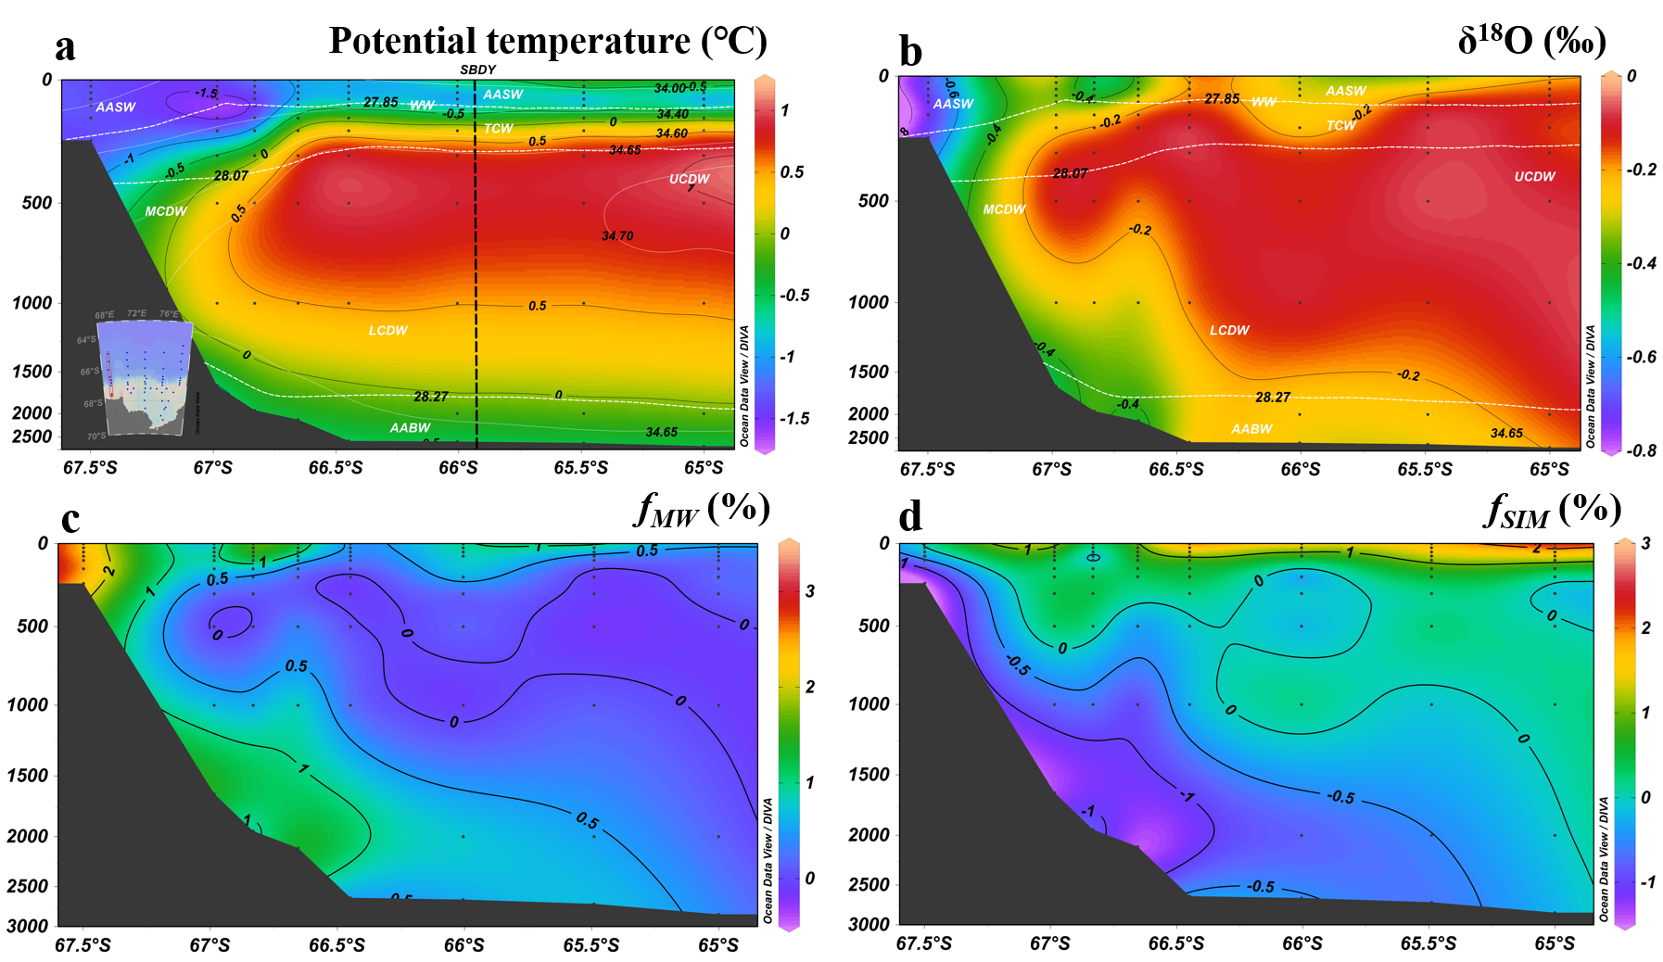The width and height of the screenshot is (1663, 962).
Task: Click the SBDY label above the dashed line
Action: click(477, 70)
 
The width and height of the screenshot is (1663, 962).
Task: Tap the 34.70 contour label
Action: click(617, 236)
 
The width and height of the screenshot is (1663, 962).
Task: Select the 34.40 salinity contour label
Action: click(672, 114)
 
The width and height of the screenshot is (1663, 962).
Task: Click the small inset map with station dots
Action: click(143, 376)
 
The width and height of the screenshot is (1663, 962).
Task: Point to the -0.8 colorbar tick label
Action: click(1643, 451)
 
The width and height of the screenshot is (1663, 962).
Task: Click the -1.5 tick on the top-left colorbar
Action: click(794, 419)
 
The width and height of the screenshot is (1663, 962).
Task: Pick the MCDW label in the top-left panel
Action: click(166, 211)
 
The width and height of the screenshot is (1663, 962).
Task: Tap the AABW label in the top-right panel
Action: click(1251, 429)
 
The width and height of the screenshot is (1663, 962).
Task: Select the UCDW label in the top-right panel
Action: click(1534, 176)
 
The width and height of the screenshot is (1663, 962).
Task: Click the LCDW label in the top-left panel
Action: click(387, 330)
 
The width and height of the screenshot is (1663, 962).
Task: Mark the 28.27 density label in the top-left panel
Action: click(430, 397)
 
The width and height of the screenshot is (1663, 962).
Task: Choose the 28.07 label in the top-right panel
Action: click(1070, 173)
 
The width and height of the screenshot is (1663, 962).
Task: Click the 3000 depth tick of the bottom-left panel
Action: click(28, 926)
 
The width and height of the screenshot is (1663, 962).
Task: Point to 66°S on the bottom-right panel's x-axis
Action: click(1302, 943)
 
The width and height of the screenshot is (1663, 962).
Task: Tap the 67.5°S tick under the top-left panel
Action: click(90, 468)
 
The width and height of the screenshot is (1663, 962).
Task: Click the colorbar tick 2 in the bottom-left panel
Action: click(809, 687)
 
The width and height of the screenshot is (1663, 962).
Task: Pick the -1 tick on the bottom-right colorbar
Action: click(1646, 882)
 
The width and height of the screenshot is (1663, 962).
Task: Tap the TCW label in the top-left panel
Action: click(498, 129)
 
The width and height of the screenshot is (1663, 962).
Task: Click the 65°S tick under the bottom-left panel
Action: click(718, 945)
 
